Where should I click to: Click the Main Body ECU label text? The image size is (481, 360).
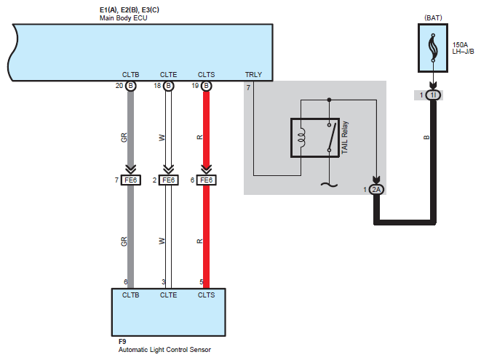click(x=123, y=18)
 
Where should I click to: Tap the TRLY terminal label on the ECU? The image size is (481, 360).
click(x=253, y=74)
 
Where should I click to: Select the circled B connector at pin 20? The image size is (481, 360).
click(x=131, y=86)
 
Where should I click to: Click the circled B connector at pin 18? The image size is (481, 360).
click(x=168, y=86)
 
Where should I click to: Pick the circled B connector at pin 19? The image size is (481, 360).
click(x=207, y=86)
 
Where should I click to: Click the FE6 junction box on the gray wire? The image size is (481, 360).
click(x=131, y=180)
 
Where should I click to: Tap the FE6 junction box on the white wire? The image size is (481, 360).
click(x=168, y=180)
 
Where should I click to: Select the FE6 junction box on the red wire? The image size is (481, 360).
click(x=207, y=180)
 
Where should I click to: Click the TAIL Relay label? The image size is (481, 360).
click(x=345, y=137)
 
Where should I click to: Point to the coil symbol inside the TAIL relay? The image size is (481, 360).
click(x=302, y=137)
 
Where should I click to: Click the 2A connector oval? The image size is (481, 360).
click(x=376, y=190)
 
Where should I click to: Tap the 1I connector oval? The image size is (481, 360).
click(x=433, y=95)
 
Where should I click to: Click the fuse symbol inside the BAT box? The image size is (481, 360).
click(x=433, y=47)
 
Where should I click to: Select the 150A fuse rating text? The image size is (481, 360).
click(x=460, y=45)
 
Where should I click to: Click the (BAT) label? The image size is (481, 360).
click(x=433, y=17)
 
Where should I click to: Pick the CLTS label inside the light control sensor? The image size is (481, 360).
click(x=206, y=295)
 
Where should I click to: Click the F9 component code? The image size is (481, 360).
click(x=122, y=341)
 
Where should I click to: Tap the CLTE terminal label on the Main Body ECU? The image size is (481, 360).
click(x=168, y=74)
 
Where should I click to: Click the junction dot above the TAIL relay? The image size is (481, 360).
click(x=329, y=100)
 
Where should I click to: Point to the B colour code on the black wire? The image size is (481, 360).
click(x=426, y=137)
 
